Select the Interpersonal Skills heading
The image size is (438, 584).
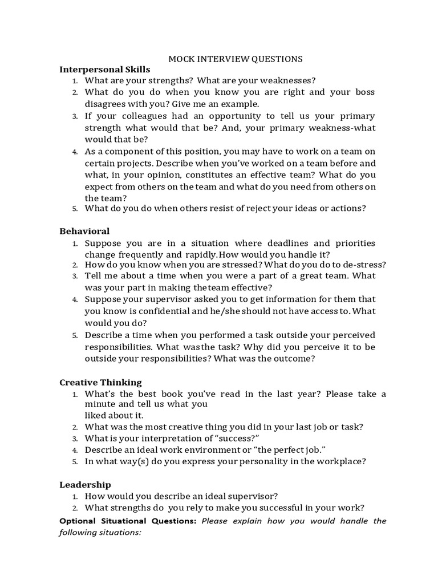(x=105, y=70)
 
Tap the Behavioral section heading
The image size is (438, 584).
(x=84, y=231)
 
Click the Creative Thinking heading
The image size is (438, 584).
(x=101, y=382)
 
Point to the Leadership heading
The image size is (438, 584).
(x=86, y=485)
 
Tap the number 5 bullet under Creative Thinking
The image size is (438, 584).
(x=74, y=461)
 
